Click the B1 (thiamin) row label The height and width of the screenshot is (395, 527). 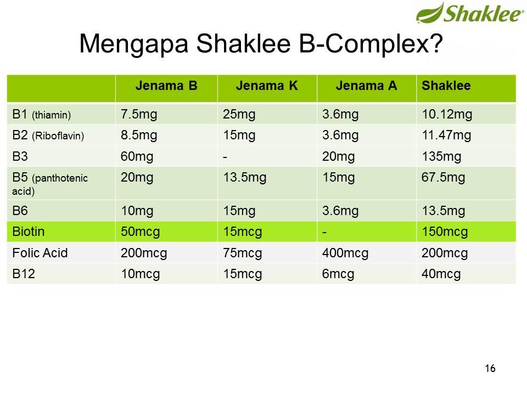pyautogui.click(x=42, y=115)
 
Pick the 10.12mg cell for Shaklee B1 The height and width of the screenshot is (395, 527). pyautogui.click(x=447, y=115)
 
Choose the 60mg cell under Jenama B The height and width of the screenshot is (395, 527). pyautogui.click(x=137, y=156)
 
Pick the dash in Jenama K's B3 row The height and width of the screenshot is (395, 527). pyautogui.click(x=225, y=156)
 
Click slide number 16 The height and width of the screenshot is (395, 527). pyautogui.click(x=490, y=368)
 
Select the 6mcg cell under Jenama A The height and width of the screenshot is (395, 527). pyautogui.click(x=338, y=274)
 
